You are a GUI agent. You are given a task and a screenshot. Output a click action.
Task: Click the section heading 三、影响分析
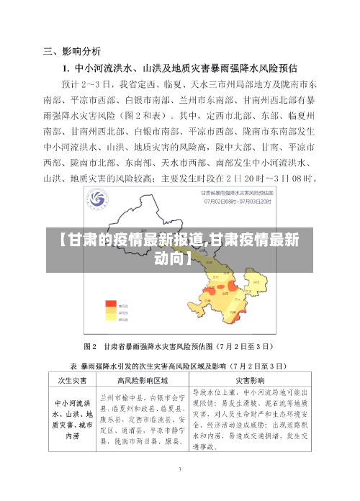[72, 52]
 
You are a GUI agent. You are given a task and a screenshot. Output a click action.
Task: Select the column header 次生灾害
[73, 379]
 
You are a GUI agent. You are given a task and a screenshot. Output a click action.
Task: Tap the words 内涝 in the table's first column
[73, 436]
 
